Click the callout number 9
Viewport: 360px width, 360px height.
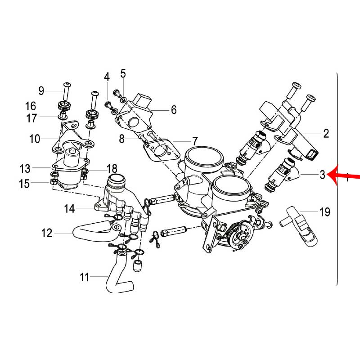(x=41, y=91)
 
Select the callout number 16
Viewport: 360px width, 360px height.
(x=31, y=106)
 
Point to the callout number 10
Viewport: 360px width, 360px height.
(x=35, y=139)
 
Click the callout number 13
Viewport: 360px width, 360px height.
(x=25, y=169)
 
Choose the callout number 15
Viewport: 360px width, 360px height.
(x=25, y=184)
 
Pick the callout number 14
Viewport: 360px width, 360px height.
(x=69, y=208)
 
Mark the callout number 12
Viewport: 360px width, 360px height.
(x=47, y=233)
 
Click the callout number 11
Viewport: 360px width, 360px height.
(x=85, y=277)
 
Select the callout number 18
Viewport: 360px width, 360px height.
(x=112, y=169)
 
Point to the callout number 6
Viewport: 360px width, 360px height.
(x=174, y=109)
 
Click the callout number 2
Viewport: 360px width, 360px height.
(x=326, y=133)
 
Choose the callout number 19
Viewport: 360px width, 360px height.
(x=324, y=211)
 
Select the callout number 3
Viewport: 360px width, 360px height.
(x=322, y=175)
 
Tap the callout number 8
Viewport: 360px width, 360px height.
(x=121, y=139)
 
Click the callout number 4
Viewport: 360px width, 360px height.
(x=107, y=77)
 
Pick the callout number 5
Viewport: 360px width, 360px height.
(x=123, y=73)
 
